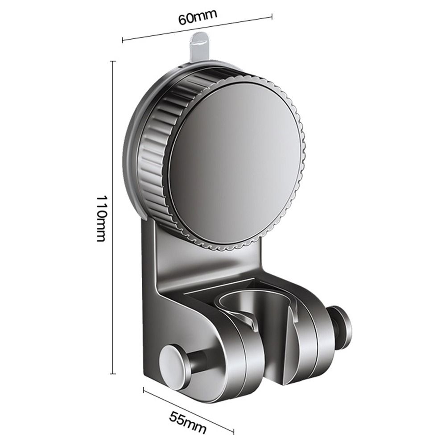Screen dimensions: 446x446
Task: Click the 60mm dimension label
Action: [x=198, y=18]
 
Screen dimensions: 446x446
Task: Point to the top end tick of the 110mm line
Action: [x=113, y=61]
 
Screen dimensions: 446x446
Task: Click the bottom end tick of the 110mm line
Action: [x=113, y=373]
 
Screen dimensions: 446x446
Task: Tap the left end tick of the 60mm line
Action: [x=123, y=41]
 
